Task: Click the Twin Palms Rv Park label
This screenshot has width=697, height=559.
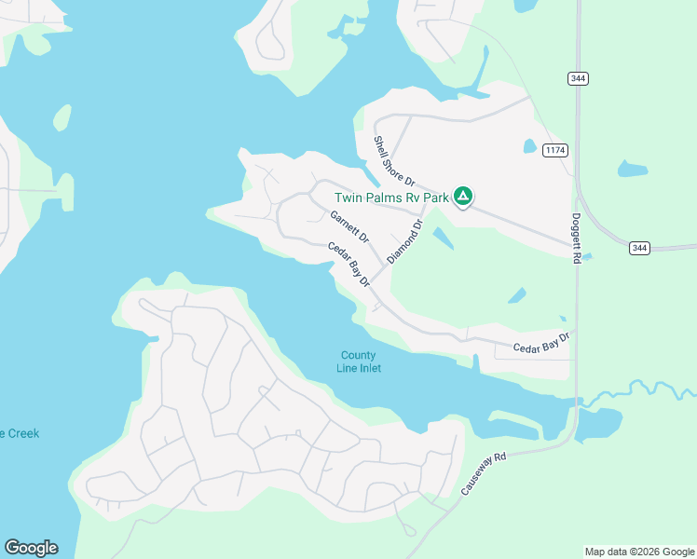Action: [x=391, y=198]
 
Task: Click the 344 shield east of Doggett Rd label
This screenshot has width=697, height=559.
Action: [x=638, y=248]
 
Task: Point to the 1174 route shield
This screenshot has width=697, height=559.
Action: [x=556, y=150]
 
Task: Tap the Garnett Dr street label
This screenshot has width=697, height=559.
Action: [x=349, y=226]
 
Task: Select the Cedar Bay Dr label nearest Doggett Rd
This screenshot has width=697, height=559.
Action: [x=540, y=343]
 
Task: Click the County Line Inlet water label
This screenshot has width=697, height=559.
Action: [x=359, y=361]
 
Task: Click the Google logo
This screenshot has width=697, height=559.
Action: [x=31, y=548]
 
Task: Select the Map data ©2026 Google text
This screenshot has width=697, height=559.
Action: [x=639, y=552]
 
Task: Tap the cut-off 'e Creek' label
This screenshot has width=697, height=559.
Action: [x=19, y=433]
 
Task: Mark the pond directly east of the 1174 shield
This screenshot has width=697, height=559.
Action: [x=633, y=170]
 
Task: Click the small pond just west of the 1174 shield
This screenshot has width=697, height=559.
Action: [x=530, y=146]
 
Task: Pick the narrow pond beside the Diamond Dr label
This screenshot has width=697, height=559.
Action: [x=443, y=238]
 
